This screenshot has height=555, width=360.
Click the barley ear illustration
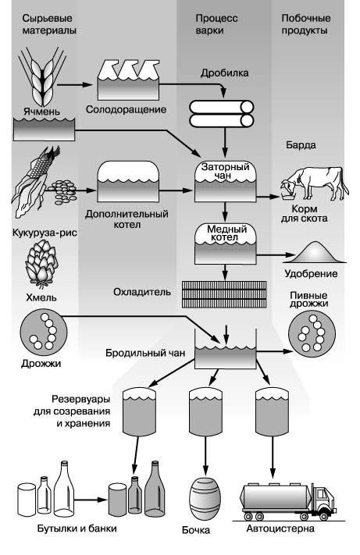click(x=42, y=76)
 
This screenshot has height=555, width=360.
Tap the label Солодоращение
click(x=126, y=109)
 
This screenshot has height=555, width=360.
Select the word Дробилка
click(x=224, y=73)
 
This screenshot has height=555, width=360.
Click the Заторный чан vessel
click(x=225, y=182)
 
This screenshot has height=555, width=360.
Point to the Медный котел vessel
click(x=226, y=244)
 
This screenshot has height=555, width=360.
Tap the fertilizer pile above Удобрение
click(x=314, y=253)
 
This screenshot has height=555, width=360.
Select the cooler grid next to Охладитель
click(x=224, y=294)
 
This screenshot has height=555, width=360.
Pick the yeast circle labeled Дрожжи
click(x=44, y=333)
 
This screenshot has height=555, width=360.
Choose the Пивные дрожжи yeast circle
click(x=312, y=334)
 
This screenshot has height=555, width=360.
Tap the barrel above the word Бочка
click(x=205, y=499)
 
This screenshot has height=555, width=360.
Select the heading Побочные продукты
click(x=306, y=24)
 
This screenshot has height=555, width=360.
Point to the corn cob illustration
click(x=35, y=180)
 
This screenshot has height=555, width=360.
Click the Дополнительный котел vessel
click(x=128, y=182)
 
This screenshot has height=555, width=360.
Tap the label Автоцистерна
click(x=280, y=528)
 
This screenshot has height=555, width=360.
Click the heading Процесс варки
click(x=216, y=24)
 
